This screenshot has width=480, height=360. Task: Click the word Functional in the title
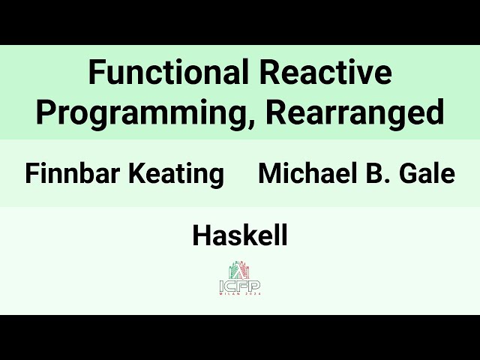(169, 73)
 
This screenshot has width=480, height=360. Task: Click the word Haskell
(240, 236)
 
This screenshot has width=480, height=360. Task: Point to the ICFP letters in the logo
(240, 285)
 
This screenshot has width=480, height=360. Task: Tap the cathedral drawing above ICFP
(240, 269)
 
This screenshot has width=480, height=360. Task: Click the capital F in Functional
(96, 73)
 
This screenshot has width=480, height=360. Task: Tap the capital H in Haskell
(201, 236)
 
